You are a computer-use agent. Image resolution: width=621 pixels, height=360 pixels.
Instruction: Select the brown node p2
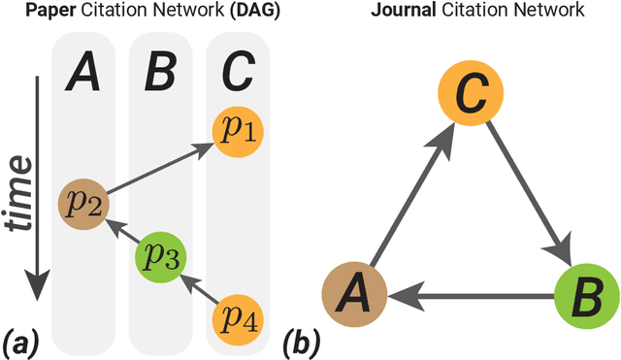point(82,203)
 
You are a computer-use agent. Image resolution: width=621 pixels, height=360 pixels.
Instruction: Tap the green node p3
point(159,257)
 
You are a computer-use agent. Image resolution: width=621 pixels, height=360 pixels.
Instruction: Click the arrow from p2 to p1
point(160,169)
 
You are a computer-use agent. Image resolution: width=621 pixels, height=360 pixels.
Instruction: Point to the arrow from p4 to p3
point(199,286)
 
